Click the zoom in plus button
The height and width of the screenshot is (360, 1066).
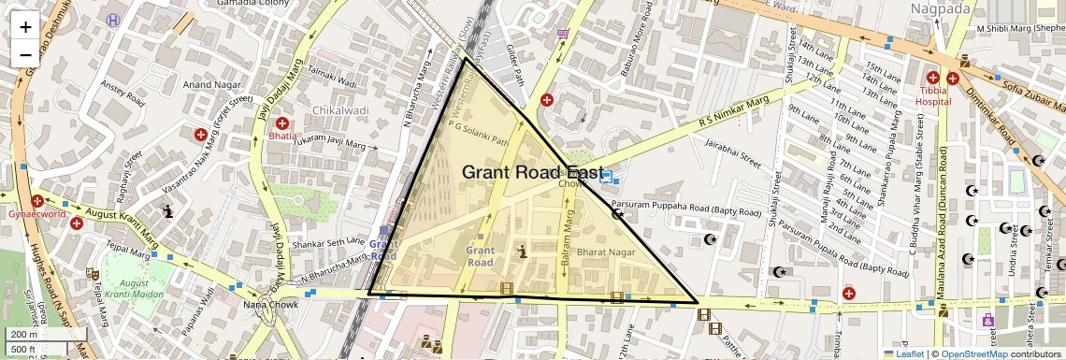25,26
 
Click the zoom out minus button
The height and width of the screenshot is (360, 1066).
25,55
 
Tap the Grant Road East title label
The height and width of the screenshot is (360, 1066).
532,172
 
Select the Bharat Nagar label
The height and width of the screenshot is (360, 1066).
606,253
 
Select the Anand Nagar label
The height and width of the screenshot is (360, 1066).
211,85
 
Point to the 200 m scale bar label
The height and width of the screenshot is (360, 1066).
24,334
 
